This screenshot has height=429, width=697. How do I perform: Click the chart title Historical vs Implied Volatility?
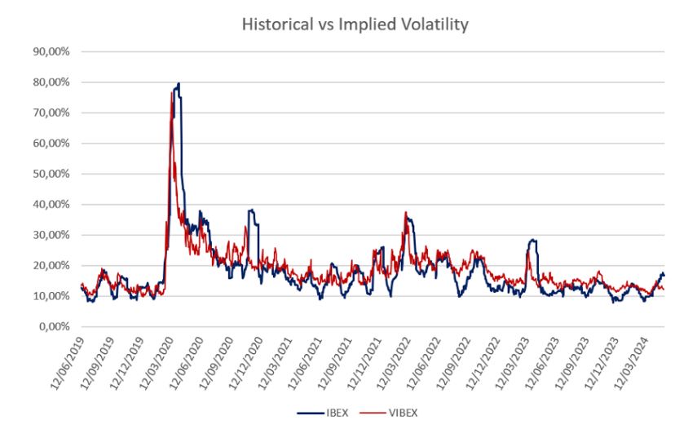click(x=355, y=24)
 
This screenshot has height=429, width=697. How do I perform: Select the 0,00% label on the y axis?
click(x=55, y=326)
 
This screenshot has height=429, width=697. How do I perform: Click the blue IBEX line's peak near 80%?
click(x=178, y=84)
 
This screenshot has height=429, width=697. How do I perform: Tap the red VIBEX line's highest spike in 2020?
click(x=171, y=93)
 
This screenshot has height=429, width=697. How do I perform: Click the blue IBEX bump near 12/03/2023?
click(x=533, y=241)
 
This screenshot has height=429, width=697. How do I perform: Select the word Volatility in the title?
click(x=435, y=24)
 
